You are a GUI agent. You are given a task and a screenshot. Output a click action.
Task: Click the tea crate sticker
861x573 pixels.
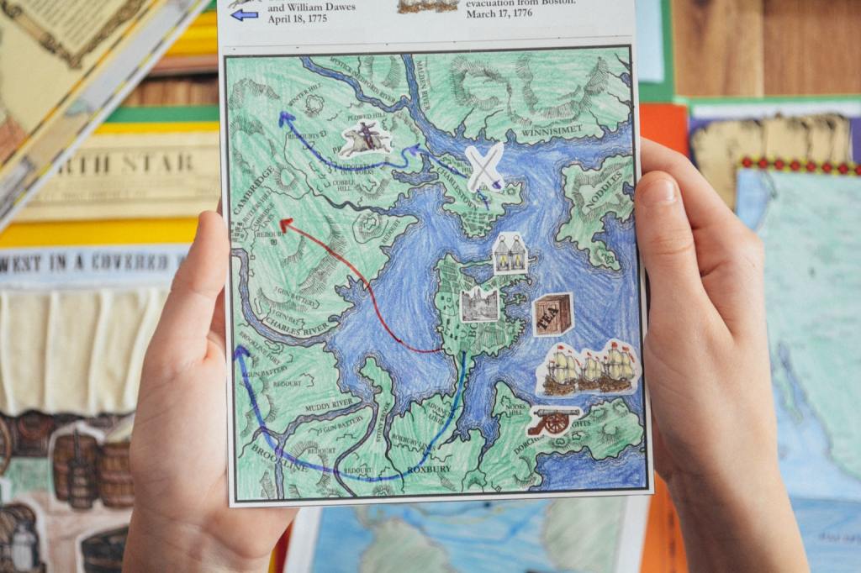(x=552, y=314)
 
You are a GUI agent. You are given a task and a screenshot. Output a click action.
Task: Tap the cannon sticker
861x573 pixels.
(x=553, y=418)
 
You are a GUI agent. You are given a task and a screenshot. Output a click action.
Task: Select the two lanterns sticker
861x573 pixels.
(x=510, y=253)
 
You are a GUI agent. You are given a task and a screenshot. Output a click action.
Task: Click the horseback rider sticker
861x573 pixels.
(x=366, y=139)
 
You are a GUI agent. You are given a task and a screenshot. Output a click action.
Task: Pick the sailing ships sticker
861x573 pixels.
(x=589, y=367)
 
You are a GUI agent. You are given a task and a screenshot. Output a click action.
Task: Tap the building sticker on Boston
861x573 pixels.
(x=479, y=304)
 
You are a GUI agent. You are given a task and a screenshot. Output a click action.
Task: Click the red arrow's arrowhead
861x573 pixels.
(x=286, y=224)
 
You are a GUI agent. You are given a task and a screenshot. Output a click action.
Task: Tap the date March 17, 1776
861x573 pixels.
(x=499, y=13)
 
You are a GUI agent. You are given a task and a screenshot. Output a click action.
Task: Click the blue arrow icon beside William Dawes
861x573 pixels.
(x=245, y=14)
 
